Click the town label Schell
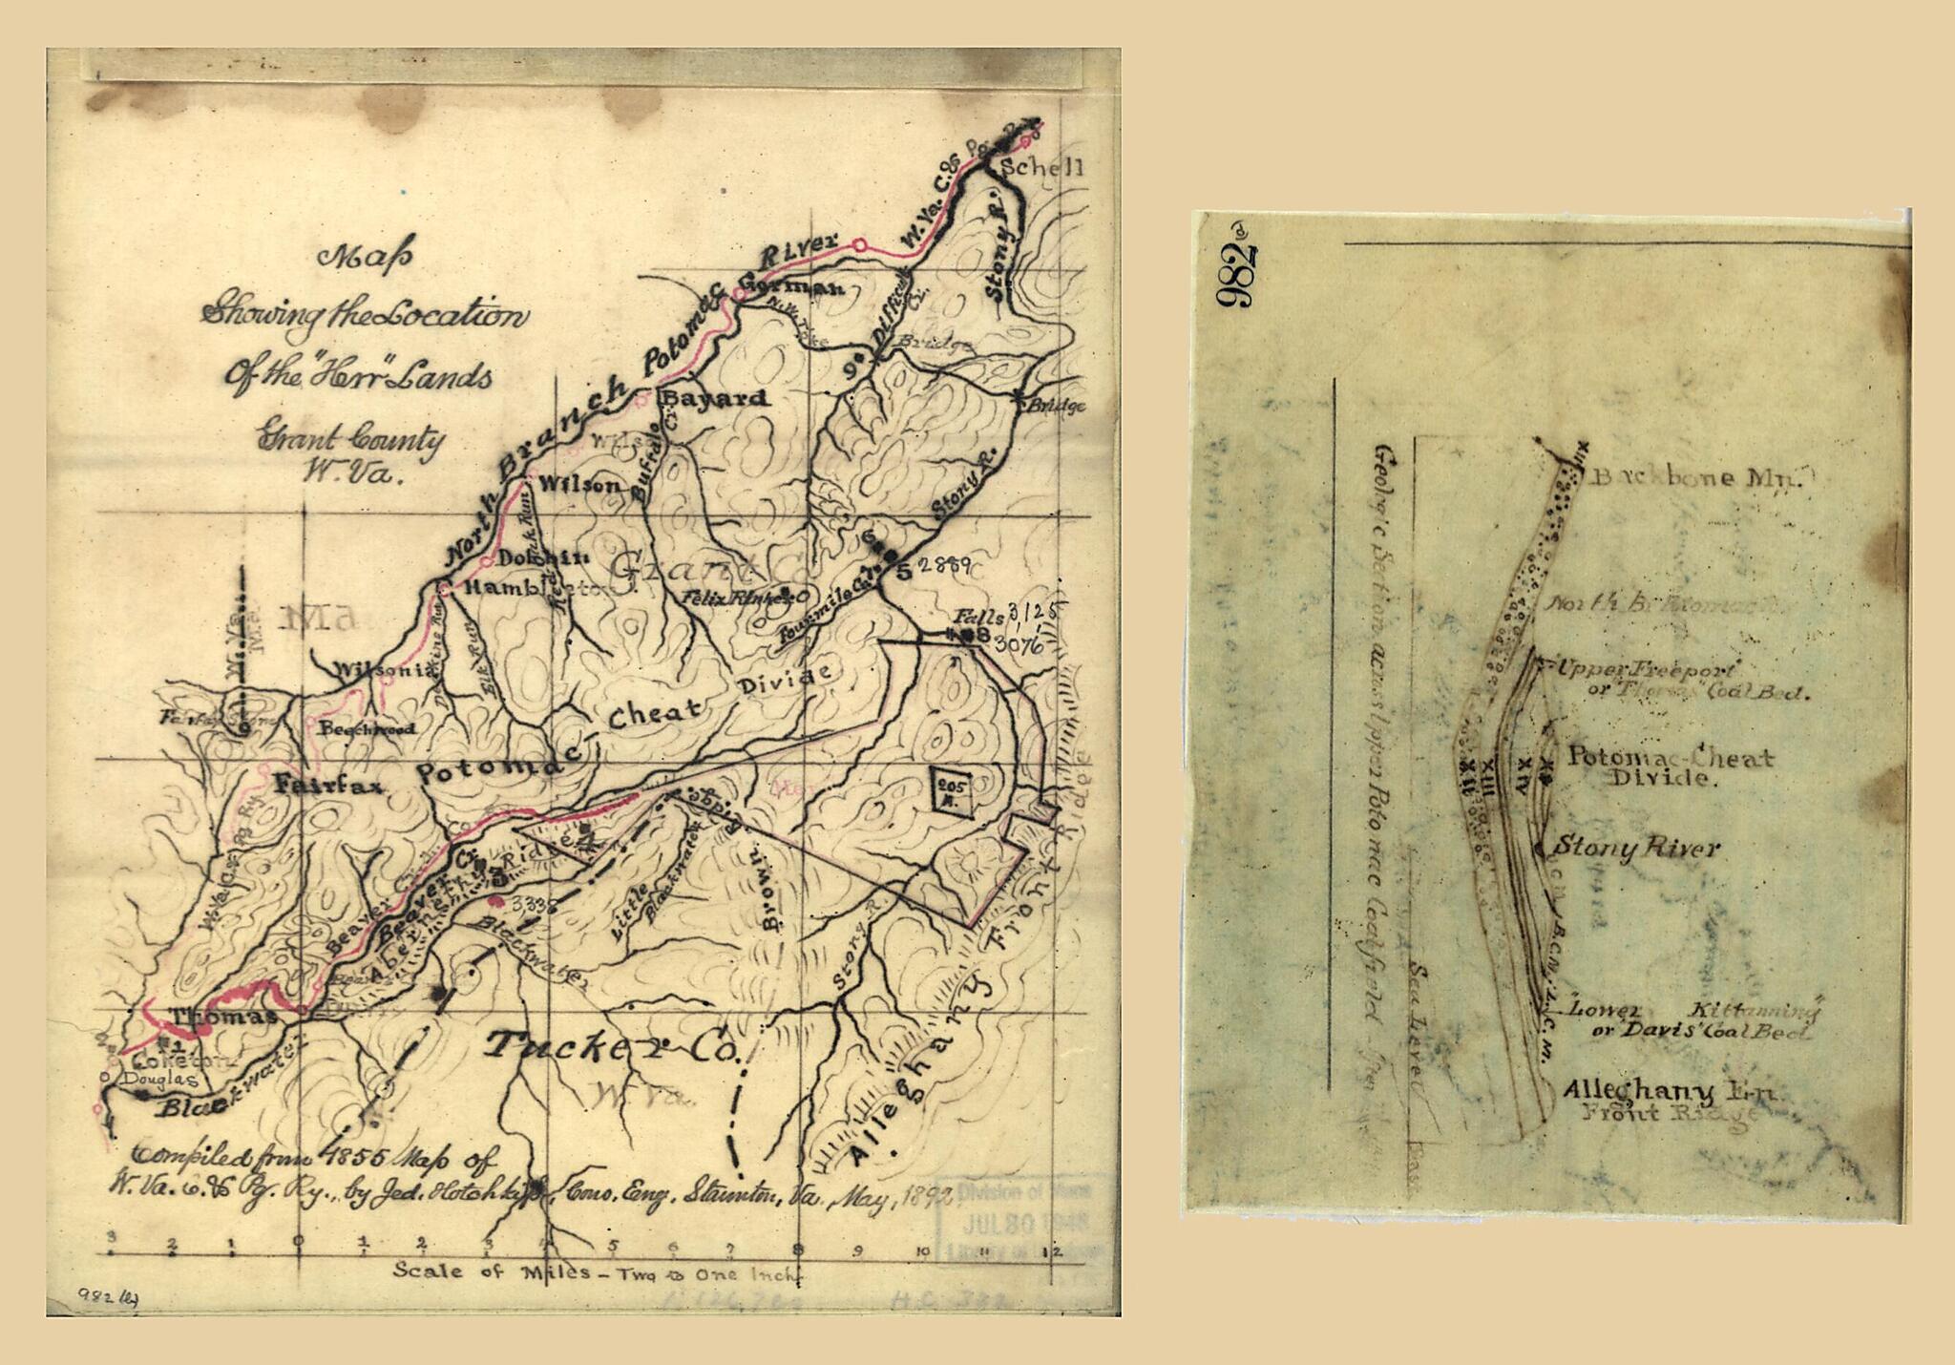(1041, 167)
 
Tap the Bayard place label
(715, 398)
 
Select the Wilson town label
(579, 485)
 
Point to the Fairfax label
(327, 786)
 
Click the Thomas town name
(222, 1017)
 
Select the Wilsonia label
(385, 671)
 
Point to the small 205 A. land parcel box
(953, 790)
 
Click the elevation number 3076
(1019, 645)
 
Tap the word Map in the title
(365, 257)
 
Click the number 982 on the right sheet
(1235, 276)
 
